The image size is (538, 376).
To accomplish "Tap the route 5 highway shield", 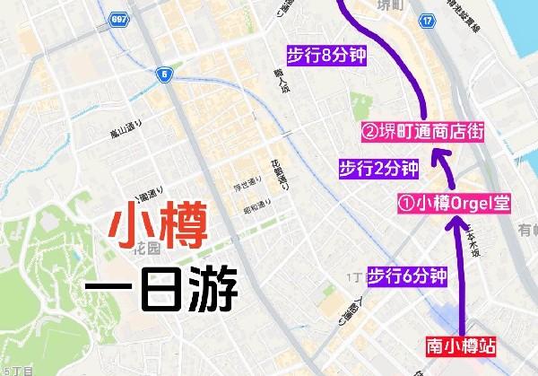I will (x=165, y=75).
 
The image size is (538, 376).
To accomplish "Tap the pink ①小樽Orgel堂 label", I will (x=454, y=203).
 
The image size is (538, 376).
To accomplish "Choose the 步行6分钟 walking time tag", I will (x=407, y=276).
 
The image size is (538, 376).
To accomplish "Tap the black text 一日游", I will (x=161, y=289).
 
